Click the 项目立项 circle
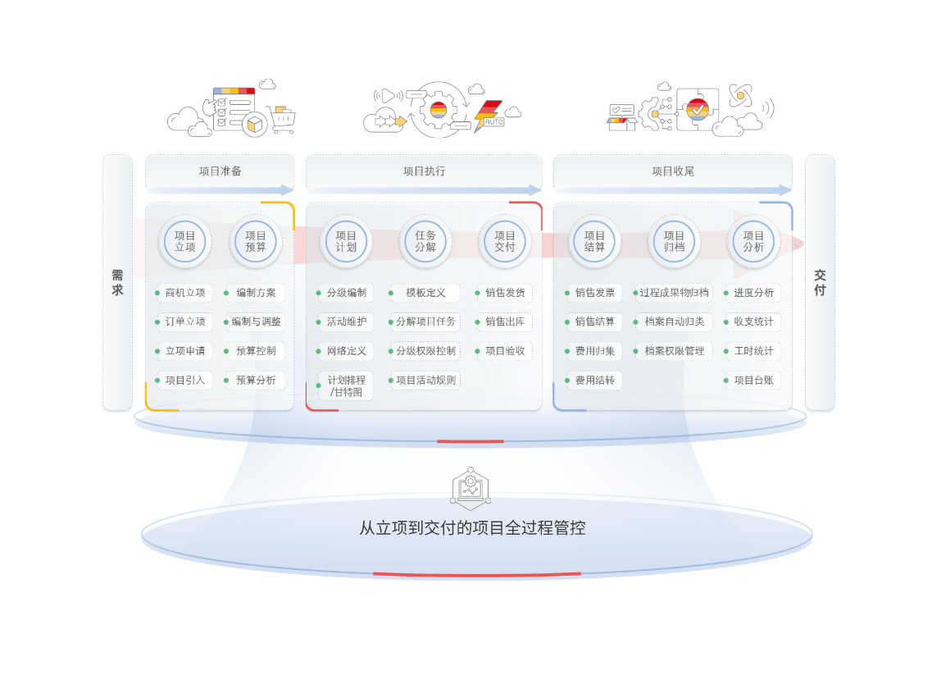(185, 241)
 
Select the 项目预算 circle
(256, 241)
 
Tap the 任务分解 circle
(425, 241)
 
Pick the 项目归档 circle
(674, 241)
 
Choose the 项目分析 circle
(753, 241)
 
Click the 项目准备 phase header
(220, 171)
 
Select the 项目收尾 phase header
(673, 171)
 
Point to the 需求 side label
(117, 283)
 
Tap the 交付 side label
(820, 283)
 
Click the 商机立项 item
(184, 293)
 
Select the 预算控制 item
(256, 351)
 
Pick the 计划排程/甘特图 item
(346, 385)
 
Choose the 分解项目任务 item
(425, 321)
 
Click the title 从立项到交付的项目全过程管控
(472, 527)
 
